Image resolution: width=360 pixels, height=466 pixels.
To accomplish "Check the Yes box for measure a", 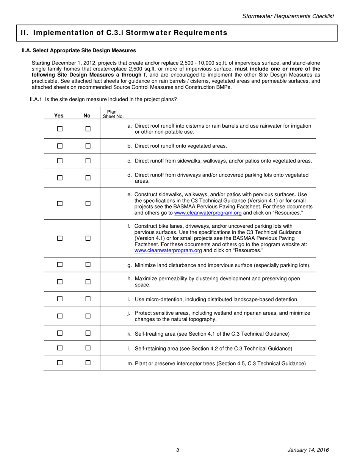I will pyautogui.click(x=59, y=129).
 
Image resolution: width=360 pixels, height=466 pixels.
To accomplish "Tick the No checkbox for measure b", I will pyautogui.click(x=88, y=146).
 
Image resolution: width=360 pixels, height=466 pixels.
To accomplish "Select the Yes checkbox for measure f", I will pyautogui.click(x=59, y=238).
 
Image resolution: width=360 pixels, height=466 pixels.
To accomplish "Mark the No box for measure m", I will pyautogui.click(x=88, y=363).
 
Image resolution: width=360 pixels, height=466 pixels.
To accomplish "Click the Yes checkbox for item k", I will pyautogui.click(x=59, y=333).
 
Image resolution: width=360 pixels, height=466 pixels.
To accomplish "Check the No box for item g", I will pyautogui.click(x=88, y=264).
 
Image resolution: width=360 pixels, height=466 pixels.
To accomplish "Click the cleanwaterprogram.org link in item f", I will pyautogui.click(x=168, y=250).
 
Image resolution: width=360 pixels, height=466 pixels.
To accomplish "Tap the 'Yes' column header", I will pyautogui.click(x=59, y=116).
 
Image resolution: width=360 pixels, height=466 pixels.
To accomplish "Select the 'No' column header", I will pyautogui.click(x=87, y=116).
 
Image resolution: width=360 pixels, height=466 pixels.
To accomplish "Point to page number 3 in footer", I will pyautogui.click(x=178, y=450).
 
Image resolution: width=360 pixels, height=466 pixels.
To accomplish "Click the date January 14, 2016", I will pyautogui.click(x=308, y=450).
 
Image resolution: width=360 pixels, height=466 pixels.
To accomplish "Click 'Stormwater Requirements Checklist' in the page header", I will pyautogui.click(x=288, y=16).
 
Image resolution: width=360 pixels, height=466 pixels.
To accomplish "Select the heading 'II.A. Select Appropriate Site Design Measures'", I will pyautogui.click(x=79, y=50).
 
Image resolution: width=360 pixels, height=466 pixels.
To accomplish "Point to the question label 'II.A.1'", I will pyautogui.click(x=36, y=100).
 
